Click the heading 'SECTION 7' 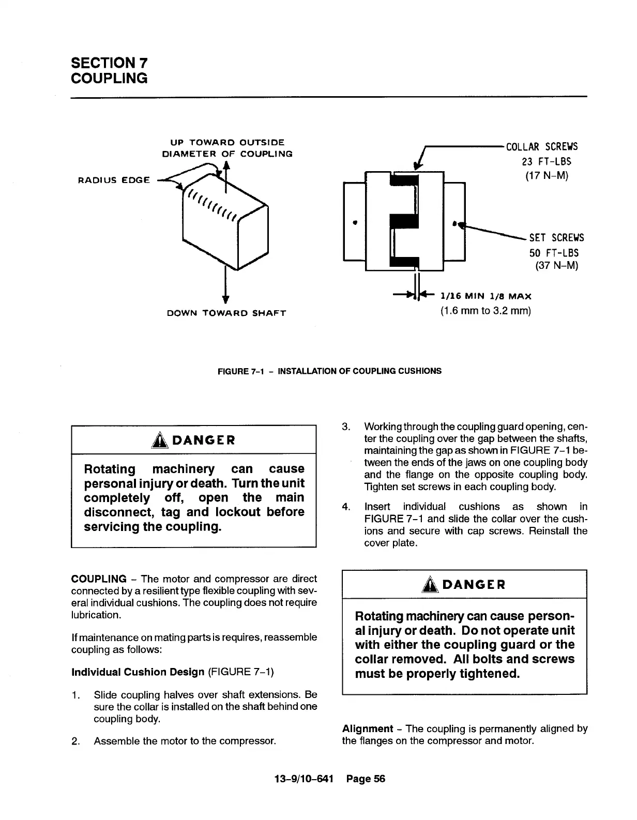point(109,63)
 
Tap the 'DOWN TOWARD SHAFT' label point(226,313)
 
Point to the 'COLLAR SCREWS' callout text point(542,147)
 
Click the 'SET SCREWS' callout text point(556,238)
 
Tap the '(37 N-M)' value point(556,266)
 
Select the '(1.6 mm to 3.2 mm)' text point(486,311)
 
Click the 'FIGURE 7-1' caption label point(241,371)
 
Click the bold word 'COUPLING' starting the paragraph point(99,579)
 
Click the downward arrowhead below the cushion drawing point(225,299)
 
